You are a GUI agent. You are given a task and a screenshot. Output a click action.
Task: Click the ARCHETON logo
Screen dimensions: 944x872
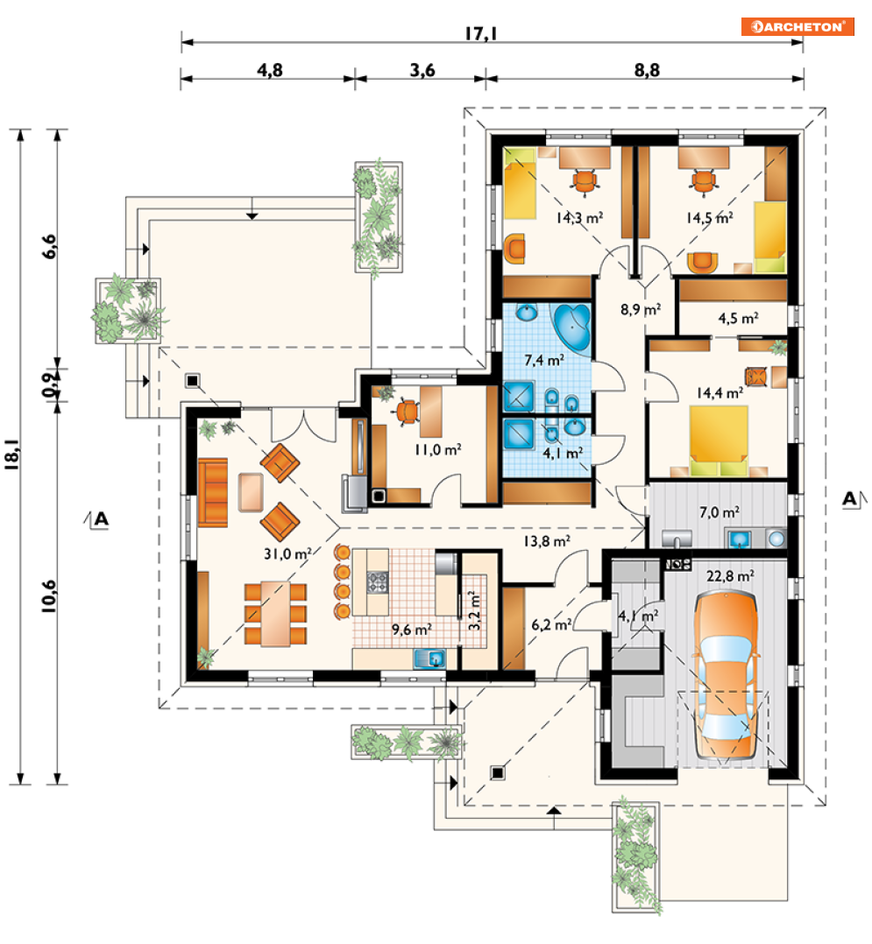pos(797,26)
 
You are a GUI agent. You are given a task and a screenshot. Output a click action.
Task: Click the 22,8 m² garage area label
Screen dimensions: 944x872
pos(730,575)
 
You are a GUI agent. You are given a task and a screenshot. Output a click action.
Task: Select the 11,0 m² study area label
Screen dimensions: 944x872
pos(437,449)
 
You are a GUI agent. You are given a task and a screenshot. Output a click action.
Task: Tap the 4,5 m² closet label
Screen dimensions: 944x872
pos(736,318)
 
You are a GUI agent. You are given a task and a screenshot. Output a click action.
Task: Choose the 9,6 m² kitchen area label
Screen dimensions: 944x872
pos(410,628)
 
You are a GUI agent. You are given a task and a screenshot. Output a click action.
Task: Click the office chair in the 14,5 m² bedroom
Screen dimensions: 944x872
pos(702,180)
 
